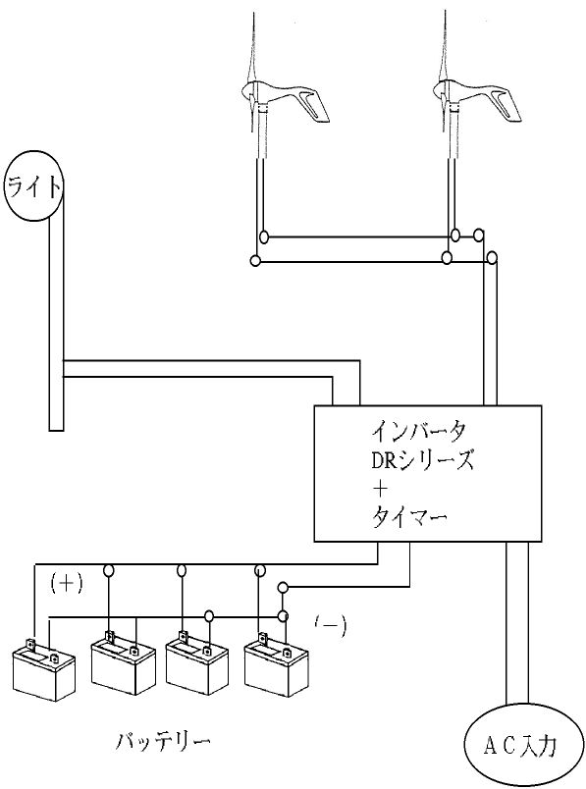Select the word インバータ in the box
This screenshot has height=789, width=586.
click(x=419, y=431)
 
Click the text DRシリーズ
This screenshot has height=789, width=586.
click(x=422, y=459)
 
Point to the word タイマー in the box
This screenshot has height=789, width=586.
click(x=409, y=517)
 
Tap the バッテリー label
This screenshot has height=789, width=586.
click(x=163, y=741)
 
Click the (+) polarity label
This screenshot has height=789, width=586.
click(x=67, y=583)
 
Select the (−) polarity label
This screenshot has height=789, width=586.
click(x=330, y=625)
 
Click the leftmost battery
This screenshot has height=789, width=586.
click(x=43, y=673)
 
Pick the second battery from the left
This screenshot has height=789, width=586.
click(x=124, y=662)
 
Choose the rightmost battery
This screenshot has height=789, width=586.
click(x=276, y=664)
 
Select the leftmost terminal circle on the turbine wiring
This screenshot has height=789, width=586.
click(x=256, y=261)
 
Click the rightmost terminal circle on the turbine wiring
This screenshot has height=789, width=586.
click(x=493, y=258)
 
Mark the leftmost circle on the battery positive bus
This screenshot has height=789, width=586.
click(x=108, y=570)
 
